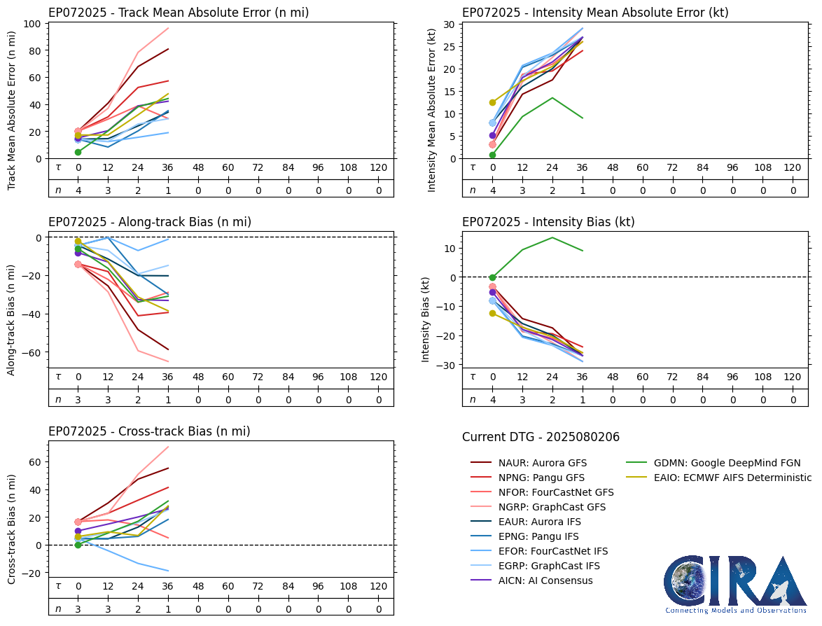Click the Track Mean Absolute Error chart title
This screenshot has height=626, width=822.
pos(179,13)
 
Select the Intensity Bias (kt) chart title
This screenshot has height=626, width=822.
pos(548,222)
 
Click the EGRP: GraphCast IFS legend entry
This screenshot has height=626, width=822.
pos(549,566)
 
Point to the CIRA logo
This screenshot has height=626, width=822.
pos(735,584)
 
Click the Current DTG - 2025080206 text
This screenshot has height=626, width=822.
pos(541,438)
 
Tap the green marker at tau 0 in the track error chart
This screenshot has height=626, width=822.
pos(78,152)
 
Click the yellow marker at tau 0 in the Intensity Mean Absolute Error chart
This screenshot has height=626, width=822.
pos(492,102)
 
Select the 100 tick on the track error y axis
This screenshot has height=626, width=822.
pos(33,24)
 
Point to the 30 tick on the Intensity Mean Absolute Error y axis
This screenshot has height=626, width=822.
pos(448,24)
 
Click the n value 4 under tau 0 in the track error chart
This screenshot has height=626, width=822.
pos(78,190)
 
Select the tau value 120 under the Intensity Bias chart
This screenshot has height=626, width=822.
pos(792,377)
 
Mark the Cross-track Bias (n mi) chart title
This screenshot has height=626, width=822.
pos(149,431)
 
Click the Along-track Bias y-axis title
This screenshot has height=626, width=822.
pos(12,319)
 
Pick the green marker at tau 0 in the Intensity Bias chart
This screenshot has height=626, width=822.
pos(492,277)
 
